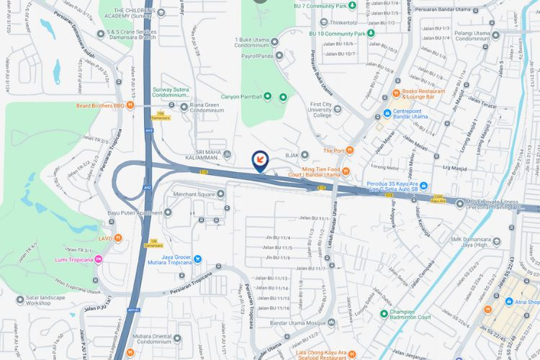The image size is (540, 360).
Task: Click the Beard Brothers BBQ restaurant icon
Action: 130,106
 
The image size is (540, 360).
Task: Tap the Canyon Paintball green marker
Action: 267,96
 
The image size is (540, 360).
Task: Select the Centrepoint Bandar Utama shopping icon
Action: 387,112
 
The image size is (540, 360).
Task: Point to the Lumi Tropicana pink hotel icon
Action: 99,260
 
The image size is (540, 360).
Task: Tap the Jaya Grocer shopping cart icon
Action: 198,258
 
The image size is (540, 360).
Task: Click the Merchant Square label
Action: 194,194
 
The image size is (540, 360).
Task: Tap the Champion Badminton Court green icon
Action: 384,312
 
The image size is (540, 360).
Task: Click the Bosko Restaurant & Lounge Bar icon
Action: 395,94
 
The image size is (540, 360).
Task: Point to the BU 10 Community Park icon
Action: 371,33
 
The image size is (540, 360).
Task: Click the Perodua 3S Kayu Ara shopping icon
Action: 423,186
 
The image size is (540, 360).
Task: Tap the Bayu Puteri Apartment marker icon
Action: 168,212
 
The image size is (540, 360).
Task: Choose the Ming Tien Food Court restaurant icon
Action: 345,171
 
